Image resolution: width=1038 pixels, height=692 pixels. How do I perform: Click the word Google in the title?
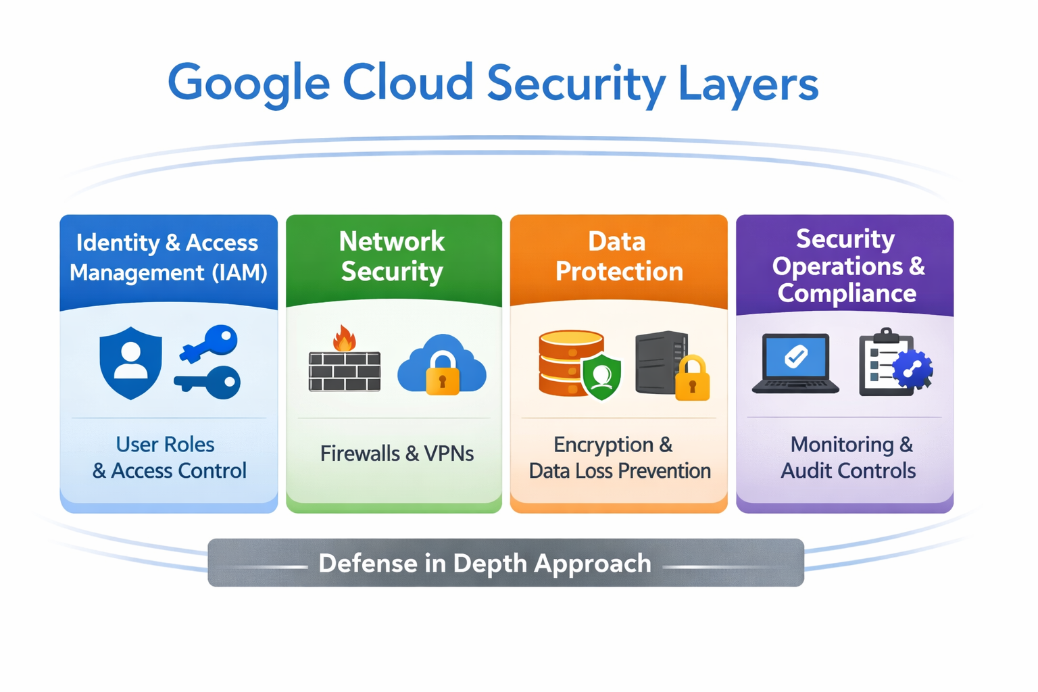click(248, 83)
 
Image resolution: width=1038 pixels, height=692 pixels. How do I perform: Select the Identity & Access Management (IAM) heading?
click(168, 257)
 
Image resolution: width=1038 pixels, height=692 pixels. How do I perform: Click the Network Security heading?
click(392, 256)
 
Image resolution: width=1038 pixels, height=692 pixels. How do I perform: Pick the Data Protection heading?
click(618, 256)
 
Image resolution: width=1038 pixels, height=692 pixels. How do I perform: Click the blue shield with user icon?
click(130, 362)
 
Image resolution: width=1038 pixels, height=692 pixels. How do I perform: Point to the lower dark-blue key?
click(209, 382)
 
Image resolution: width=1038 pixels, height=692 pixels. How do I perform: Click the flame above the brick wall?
click(345, 338)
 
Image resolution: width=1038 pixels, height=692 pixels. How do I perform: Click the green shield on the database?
click(601, 376)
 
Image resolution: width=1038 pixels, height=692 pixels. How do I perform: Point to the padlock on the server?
click(693, 380)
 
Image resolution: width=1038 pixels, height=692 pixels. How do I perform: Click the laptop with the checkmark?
click(795, 363)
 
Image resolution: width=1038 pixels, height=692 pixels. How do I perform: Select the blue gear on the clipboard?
click(912, 370)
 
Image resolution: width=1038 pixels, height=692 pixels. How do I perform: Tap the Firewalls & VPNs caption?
click(397, 453)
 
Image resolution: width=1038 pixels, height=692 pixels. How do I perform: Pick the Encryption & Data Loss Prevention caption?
click(619, 458)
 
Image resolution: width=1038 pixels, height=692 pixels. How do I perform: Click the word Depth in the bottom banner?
click(491, 563)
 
